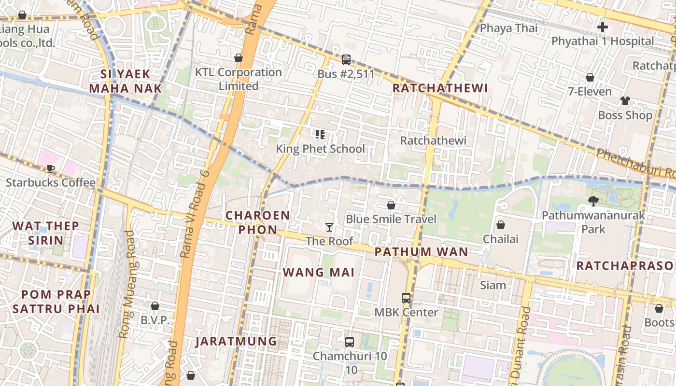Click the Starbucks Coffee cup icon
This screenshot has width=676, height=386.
[x=50, y=169]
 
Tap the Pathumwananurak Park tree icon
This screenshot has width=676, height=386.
[x=593, y=201]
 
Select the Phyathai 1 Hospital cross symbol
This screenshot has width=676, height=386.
[x=602, y=27]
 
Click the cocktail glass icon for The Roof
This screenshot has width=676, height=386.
[x=329, y=227]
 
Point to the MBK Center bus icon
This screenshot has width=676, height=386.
[x=406, y=298]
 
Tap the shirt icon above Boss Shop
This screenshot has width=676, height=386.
[x=625, y=101]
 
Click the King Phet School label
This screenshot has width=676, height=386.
[x=320, y=149]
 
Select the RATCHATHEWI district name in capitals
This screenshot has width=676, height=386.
[x=440, y=88]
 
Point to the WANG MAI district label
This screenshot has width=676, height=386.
[x=319, y=272]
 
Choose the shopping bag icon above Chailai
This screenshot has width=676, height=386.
[x=501, y=225]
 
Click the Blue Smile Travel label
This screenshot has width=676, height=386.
[x=391, y=219]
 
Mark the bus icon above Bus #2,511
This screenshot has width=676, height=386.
[x=346, y=60]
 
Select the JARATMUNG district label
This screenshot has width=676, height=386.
[x=236, y=342]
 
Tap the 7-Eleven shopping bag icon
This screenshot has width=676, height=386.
[x=590, y=77]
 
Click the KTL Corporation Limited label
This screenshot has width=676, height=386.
[x=238, y=79]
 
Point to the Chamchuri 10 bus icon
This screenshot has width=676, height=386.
[x=350, y=342]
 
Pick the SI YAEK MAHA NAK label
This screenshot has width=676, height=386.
[x=126, y=81]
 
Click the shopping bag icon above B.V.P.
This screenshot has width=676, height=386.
[x=155, y=306]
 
